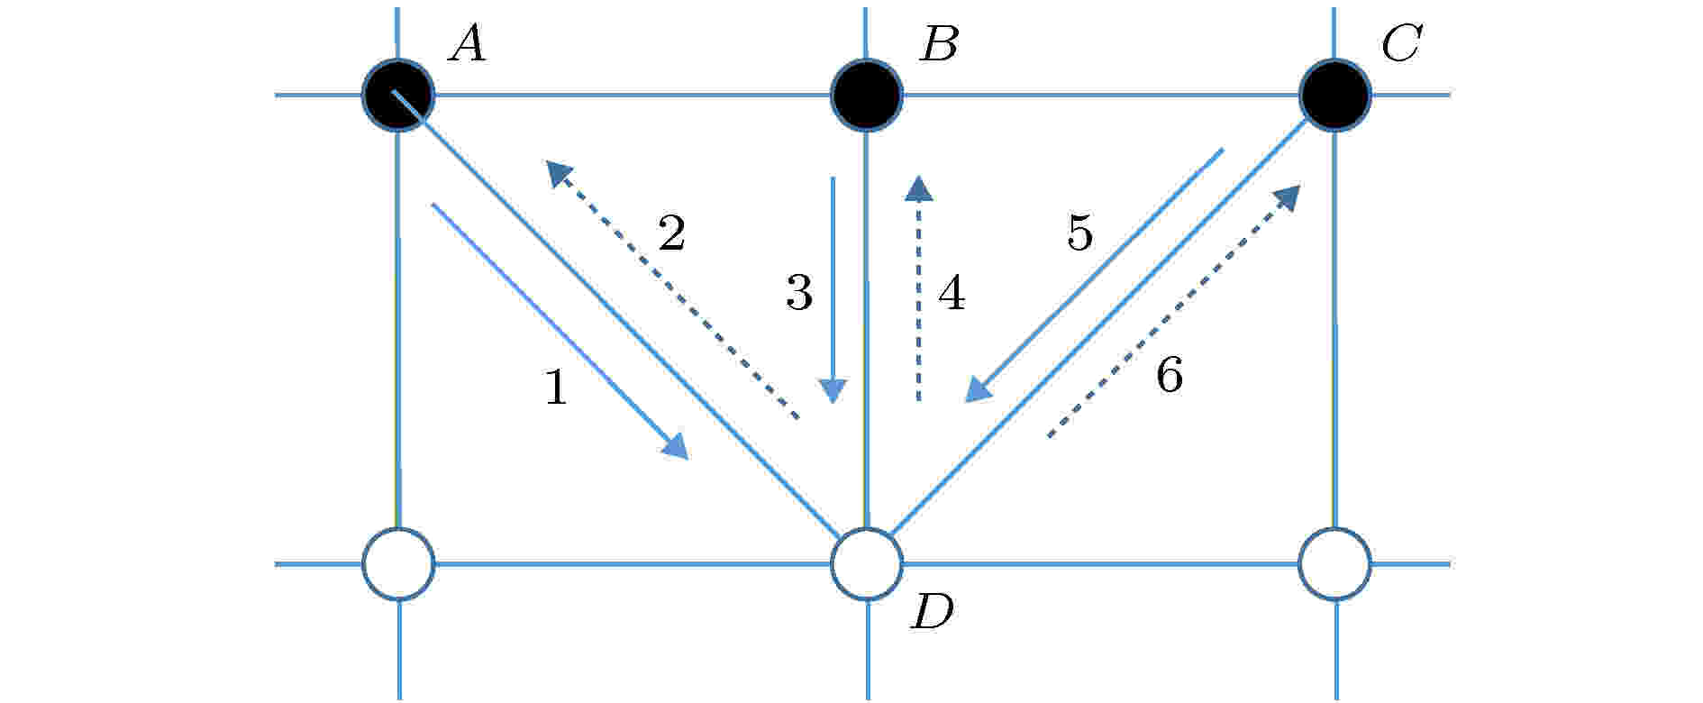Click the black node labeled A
[x=398, y=95]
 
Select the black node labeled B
[x=866, y=95]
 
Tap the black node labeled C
[x=1334, y=95]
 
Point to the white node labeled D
[x=866, y=564]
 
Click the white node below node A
[x=398, y=564]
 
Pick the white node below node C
[x=1334, y=564]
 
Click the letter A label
[x=468, y=43]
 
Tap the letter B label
[x=939, y=43]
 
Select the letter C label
[x=1402, y=43]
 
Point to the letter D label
[x=933, y=613]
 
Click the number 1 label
[x=557, y=388]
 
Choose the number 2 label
[x=672, y=233]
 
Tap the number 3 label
[x=799, y=293]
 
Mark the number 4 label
[x=952, y=293]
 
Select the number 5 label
[x=1079, y=233]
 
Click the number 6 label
[x=1169, y=374]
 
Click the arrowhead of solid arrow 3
[x=833, y=391]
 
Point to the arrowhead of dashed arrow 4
[x=919, y=187]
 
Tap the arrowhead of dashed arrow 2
[x=559, y=172]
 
